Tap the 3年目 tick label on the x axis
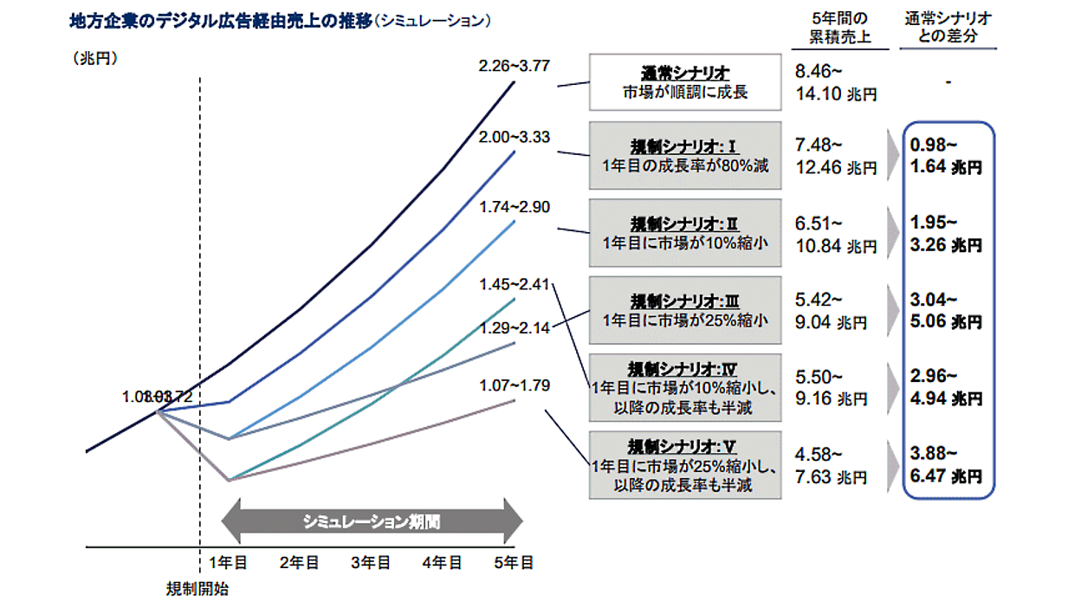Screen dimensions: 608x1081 (x=371, y=562)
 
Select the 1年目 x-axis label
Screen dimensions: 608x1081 (x=229, y=562)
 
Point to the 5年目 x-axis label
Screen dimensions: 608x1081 (x=514, y=562)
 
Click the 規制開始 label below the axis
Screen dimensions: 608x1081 (x=198, y=589)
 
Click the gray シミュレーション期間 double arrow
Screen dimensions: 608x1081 (x=372, y=521)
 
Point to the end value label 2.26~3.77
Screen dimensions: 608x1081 (x=514, y=65)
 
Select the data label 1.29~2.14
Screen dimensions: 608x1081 (x=514, y=328)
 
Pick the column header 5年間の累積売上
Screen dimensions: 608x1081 (x=836, y=29)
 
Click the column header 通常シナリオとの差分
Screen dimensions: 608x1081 (x=948, y=29)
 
